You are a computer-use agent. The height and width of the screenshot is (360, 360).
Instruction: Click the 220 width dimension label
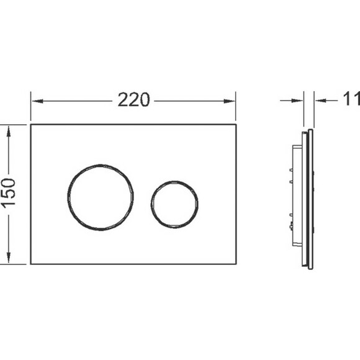click(133, 100)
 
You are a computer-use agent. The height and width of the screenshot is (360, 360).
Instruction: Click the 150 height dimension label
click(9, 194)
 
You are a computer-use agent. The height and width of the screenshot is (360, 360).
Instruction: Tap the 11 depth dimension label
click(351, 99)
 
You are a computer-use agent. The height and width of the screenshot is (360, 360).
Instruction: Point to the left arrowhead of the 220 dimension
click(37, 101)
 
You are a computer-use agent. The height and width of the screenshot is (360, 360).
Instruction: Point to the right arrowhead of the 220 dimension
click(230, 101)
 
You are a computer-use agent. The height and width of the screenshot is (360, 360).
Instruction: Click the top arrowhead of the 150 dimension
click(9, 132)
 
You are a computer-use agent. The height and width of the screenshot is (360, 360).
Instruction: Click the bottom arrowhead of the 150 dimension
click(9, 257)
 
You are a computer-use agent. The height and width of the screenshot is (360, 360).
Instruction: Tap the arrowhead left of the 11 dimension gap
click(297, 101)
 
